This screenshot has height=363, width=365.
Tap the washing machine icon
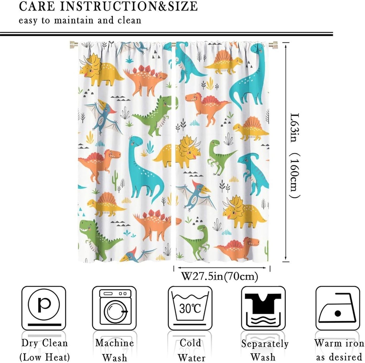point(114,308)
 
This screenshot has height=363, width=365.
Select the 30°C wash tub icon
point(190,308)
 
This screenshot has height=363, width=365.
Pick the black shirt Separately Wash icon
point(263,308)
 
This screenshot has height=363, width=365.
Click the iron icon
point(337,308)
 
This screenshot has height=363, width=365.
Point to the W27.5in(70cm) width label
point(220,276)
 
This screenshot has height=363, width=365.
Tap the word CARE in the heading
point(37,6)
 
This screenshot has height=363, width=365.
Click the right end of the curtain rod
point(274,45)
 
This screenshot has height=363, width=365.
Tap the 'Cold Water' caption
point(190,350)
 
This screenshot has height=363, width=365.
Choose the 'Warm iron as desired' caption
point(338,350)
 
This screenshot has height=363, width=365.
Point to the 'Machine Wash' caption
point(114,350)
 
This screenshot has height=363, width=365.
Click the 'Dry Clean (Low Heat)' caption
point(44,350)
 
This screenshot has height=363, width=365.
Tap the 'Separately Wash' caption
point(264,350)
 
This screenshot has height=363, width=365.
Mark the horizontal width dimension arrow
point(222,268)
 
